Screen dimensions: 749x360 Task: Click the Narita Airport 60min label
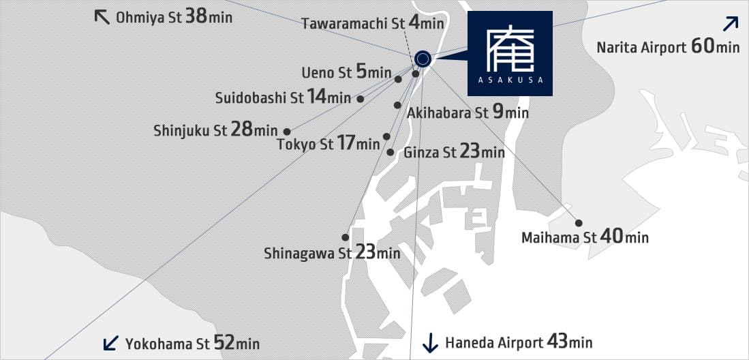(x=668, y=46)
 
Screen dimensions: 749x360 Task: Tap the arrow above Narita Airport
(x=730, y=24)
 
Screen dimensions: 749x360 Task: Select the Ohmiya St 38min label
(x=174, y=16)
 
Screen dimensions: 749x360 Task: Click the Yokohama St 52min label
(x=192, y=343)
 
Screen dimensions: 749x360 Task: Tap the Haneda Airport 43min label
(x=518, y=342)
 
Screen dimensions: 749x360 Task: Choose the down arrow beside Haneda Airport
(x=430, y=342)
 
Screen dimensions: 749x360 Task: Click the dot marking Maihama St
(x=579, y=223)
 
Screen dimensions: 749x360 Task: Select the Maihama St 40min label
(x=585, y=237)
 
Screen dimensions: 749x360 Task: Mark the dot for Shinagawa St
(x=346, y=237)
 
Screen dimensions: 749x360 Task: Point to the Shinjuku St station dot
(x=287, y=131)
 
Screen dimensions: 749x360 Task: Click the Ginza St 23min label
(x=454, y=152)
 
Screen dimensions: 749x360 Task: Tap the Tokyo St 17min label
(x=328, y=144)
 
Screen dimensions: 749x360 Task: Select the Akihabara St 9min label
(x=468, y=112)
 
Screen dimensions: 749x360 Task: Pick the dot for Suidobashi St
(x=361, y=99)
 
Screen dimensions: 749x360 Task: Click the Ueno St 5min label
(x=346, y=72)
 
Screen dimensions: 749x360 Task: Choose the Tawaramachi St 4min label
(x=372, y=24)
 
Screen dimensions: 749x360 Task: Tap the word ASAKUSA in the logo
(x=510, y=80)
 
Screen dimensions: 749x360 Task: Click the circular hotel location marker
(x=423, y=59)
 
